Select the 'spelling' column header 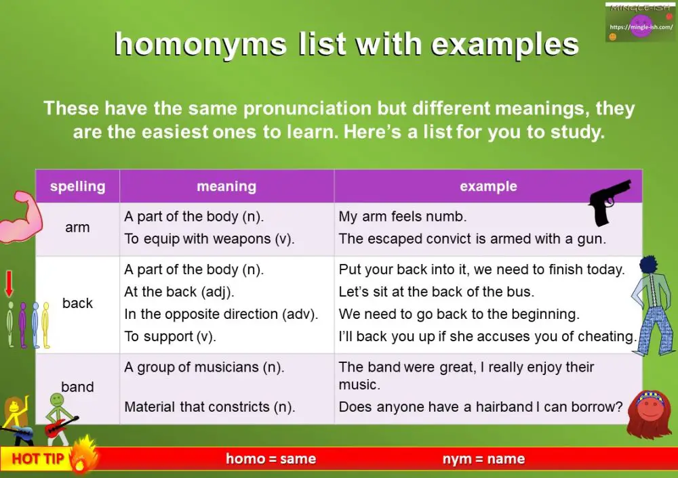pyautogui.click(x=77, y=186)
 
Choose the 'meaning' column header pyautogui.click(x=226, y=186)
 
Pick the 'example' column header pyautogui.click(x=488, y=186)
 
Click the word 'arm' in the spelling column pyautogui.click(x=77, y=227)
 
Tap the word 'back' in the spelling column pyautogui.click(x=77, y=303)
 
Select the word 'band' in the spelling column pyautogui.click(x=77, y=387)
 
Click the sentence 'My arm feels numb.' pyautogui.click(x=403, y=217)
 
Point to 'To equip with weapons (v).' pyautogui.click(x=203, y=238)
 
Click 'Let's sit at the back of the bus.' pyautogui.click(x=437, y=292)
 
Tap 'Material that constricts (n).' pyautogui.click(x=209, y=407)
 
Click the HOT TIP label pyautogui.click(x=38, y=459)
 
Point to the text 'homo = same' pyautogui.click(x=271, y=459)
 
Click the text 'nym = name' pyautogui.click(x=483, y=459)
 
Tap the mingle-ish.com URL pyautogui.click(x=640, y=27)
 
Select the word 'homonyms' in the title pyautogui.click(x=199, y=45)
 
